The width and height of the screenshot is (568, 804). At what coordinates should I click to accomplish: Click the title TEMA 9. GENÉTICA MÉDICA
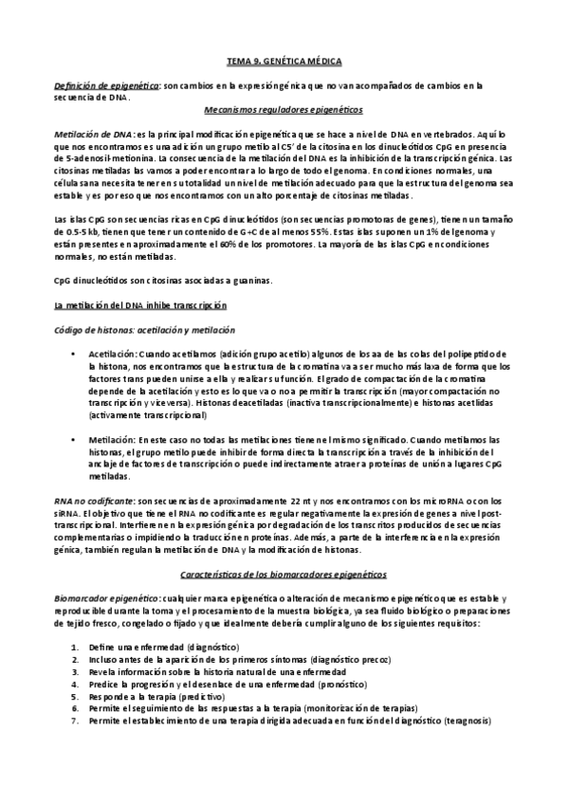pyautogui.click(x=284, y=60)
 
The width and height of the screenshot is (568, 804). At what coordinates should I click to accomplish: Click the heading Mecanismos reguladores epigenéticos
pyautogui.click(x=284, y=109)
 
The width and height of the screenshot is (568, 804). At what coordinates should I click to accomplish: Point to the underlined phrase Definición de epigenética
pyautogui.click(x=105, y=84)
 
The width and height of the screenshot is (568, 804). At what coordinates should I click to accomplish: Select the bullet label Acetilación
pyautogui.click(x=114, y=353)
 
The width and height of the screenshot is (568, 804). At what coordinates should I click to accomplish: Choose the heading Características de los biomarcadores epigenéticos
pyautogui.click(x=284, y=576)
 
